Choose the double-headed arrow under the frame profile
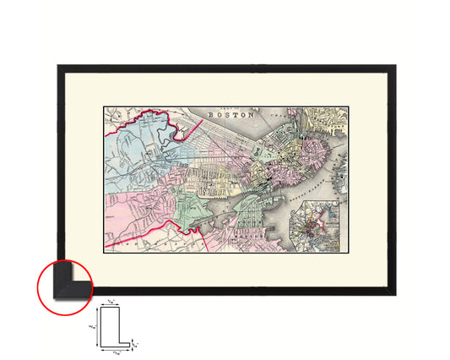pyautogui.click(x=116, y=346)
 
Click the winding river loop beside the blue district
pyautogui.click(x=173, y=127)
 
